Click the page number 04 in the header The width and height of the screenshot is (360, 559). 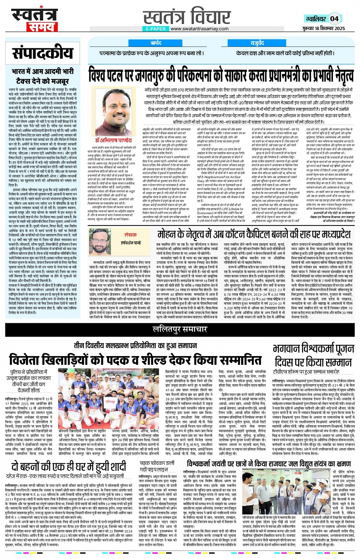[x=334, y=18]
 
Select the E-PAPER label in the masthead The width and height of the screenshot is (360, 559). [x=156, y=29]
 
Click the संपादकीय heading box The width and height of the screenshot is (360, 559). [x=42, y=53]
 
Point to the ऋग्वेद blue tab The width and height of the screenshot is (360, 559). [x=156, y=43]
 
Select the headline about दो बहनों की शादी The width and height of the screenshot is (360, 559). [x=68, y=466]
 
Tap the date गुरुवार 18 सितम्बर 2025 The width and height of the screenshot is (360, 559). [x=324, y=29]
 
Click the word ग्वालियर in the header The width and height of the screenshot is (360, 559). [x=315, y=19]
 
